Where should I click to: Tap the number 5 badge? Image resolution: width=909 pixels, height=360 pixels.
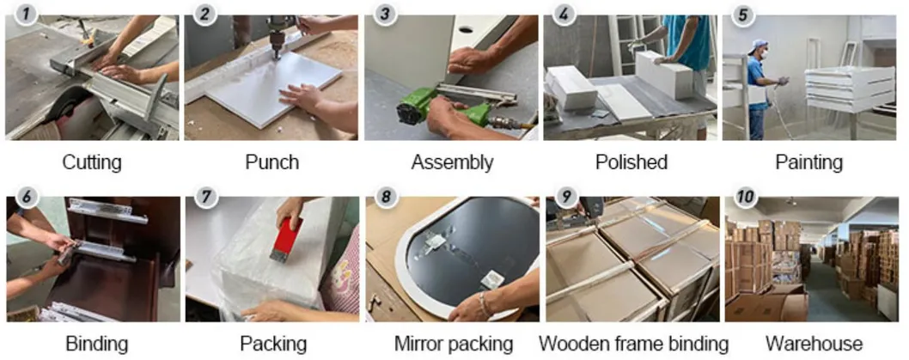[742, 15]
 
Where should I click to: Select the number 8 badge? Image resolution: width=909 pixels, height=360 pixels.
[386, 197]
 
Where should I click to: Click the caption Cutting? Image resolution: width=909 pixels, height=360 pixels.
[92, 162]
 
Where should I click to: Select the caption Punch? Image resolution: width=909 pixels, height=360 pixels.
[271, 162]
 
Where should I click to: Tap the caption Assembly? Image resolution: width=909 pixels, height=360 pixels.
[452, 163]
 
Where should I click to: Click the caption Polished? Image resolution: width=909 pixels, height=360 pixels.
[631, 162]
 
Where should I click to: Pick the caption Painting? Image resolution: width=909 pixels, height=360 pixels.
[808, 163]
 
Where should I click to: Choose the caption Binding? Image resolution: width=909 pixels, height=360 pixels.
[88, 344]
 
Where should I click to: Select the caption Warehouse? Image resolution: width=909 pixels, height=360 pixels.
[814, 344]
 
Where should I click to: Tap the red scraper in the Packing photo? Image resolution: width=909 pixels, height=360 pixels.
[288, 239]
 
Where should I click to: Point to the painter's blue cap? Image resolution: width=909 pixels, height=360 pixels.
[757, 44]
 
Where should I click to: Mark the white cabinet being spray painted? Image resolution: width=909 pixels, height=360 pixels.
[851, 88]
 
